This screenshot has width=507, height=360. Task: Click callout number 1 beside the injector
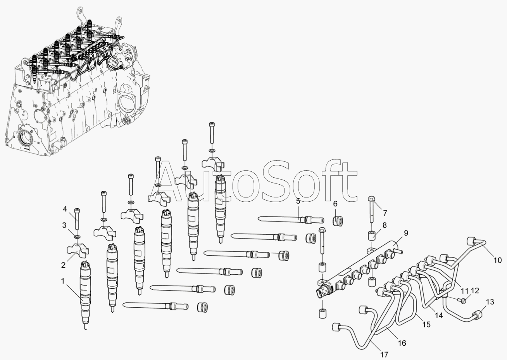63,281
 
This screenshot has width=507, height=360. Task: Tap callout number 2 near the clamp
64,265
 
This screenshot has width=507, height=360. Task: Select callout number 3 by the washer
64,225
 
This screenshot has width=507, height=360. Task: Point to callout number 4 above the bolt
65,209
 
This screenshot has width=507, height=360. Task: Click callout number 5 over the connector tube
298,201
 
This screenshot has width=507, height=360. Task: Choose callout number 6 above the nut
335,204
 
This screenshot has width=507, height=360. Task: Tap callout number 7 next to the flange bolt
385,213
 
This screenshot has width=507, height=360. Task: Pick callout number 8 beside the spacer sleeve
385,225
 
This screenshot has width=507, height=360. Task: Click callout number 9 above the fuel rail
406,233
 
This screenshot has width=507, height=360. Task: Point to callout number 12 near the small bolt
475,291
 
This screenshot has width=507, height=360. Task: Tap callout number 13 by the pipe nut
490,302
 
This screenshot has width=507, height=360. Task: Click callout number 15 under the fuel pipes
426,324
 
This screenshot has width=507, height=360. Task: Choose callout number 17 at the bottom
384,354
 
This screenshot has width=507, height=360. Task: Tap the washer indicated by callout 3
77,237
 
